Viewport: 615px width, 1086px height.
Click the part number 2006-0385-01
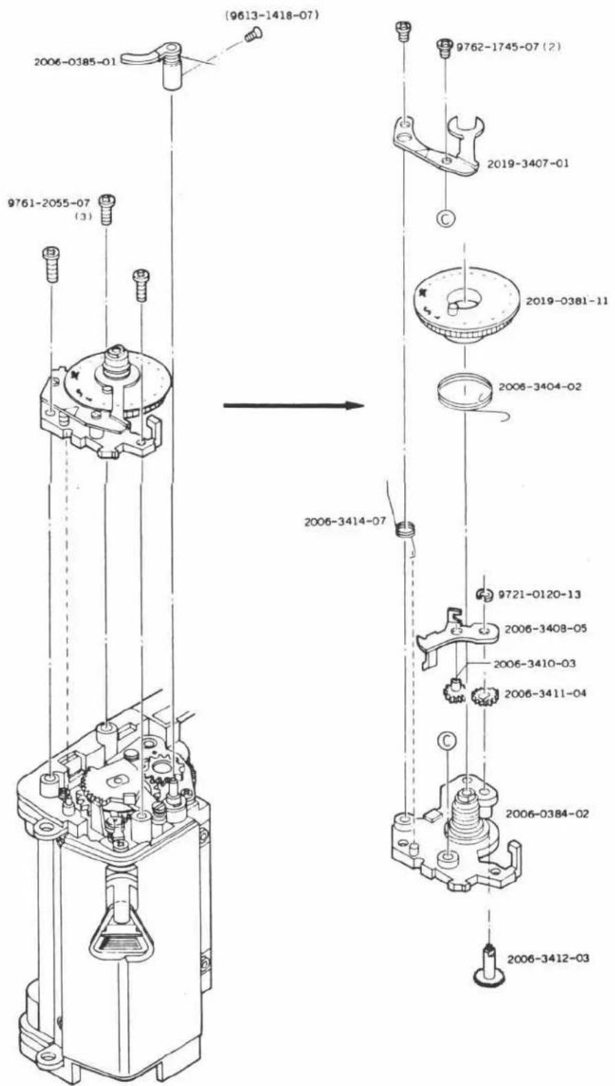pyautogui.click(x=75, y=62)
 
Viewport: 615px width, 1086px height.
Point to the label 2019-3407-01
pyautogui.click(x=528, y=163)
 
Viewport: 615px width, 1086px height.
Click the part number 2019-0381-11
pyautogui.click(x=567, y=301)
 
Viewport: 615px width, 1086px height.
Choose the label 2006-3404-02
pyautogui.click(x=540, y=387)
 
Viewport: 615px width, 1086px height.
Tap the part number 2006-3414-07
pyautogui.click(x=346, y=521)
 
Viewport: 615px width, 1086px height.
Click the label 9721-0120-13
pyautogui.click(x=539, y=594)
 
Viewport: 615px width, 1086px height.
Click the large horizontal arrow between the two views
pyautogui.click(x=293, y=405)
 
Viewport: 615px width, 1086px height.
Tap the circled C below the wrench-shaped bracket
pyautogui.click(x=446, y=218)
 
